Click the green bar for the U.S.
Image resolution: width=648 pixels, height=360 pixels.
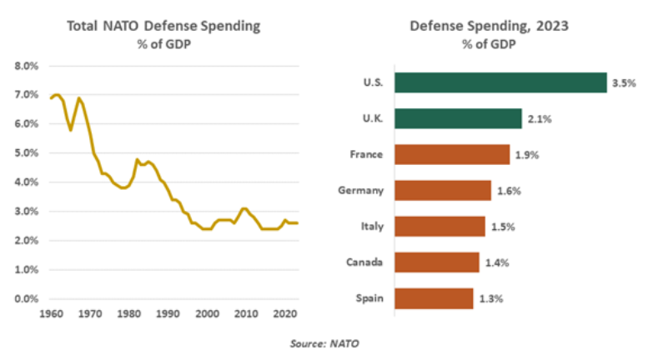point(500,82)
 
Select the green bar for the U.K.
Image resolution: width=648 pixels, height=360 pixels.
point(458,119)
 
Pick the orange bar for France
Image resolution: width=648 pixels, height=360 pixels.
point(451,155)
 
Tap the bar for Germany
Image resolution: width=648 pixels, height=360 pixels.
point(442,191)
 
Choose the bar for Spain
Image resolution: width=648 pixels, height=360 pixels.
point(433,298)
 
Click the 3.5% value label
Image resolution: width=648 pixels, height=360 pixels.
point(624,83)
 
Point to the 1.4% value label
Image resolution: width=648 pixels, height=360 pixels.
point(497,263)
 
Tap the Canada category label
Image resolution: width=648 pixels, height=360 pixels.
point(364,262)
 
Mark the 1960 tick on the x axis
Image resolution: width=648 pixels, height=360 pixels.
point(50,314)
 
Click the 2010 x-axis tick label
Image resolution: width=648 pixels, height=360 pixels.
point(244,314)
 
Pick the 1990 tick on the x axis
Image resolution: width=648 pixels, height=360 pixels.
point(167,314)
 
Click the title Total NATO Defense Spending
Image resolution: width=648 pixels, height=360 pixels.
point(163,26)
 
